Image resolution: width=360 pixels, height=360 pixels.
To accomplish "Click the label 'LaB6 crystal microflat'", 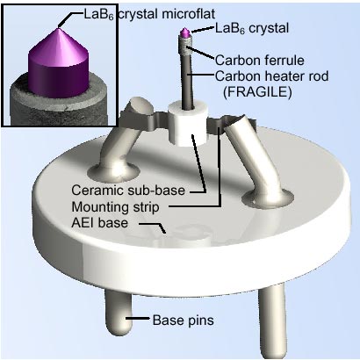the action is coord(149,15).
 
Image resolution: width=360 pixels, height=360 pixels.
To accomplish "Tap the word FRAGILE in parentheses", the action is coord(257,92).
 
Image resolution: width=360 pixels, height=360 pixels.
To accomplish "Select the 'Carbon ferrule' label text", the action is coord(260,61).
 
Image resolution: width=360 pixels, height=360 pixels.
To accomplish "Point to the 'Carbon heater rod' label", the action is coord(272,76).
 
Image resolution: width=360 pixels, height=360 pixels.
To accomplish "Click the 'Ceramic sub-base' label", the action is coord(128,191).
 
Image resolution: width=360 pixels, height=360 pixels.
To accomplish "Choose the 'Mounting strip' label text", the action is coord(115,207).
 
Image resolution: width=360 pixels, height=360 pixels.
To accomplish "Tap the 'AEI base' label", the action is coord(100,223).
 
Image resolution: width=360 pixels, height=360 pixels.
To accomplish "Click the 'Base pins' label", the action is coord(184,320).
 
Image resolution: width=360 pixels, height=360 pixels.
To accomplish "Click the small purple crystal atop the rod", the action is coord(185,33).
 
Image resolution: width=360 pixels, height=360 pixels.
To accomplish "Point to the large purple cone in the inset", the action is coord(58,63).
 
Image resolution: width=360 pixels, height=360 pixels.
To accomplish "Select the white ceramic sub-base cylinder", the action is coord(188,123).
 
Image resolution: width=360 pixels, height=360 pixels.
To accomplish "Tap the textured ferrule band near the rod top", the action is coord(185,47).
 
